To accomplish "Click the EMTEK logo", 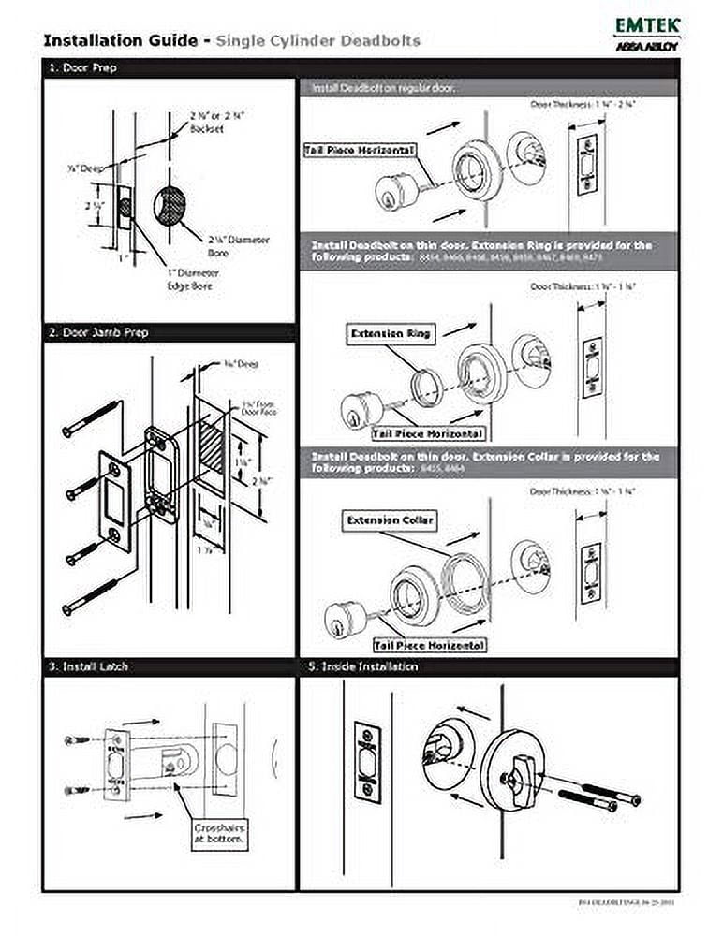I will (x=647, y=27).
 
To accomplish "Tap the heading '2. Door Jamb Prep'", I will (x=97, y=332).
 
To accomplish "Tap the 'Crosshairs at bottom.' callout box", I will (x=221, y=835).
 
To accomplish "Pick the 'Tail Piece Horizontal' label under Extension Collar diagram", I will (x=429, y=646).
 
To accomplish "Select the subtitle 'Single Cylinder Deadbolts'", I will (x=317, y=40).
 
